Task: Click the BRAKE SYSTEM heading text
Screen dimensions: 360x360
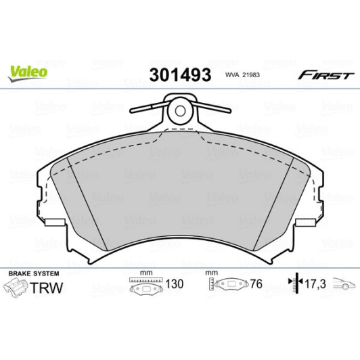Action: (x=34, y=273)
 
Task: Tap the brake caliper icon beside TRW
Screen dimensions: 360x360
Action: (x=17, y=288)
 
